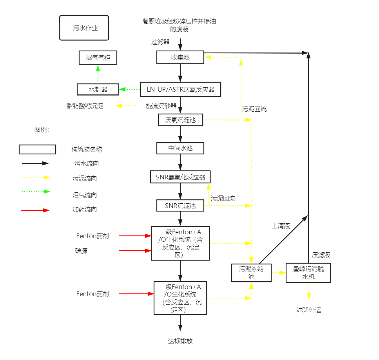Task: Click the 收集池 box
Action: pos(180,57)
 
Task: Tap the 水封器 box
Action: pos(98,90)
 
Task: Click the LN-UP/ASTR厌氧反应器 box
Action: pos(180,89)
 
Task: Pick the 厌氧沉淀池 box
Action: pos(180,120)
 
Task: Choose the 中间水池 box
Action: pos(180,148)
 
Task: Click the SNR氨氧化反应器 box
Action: pos(180,177)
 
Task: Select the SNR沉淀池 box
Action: pos(180,205)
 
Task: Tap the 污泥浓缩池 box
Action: pos(251,273)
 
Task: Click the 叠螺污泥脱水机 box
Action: pos(308,273)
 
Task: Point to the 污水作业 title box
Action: pos(84,28)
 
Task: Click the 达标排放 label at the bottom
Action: pos(180,341)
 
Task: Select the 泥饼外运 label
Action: pos(308,310)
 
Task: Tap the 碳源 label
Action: pos(82,251)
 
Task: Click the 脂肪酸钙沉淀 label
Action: pos(85,106)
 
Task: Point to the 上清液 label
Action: pos(281,226)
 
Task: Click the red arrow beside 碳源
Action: pos(135,251)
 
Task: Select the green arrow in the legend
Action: pos(35,192)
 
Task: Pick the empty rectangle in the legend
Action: pos(37,149)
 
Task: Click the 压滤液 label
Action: pos(321,255)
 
